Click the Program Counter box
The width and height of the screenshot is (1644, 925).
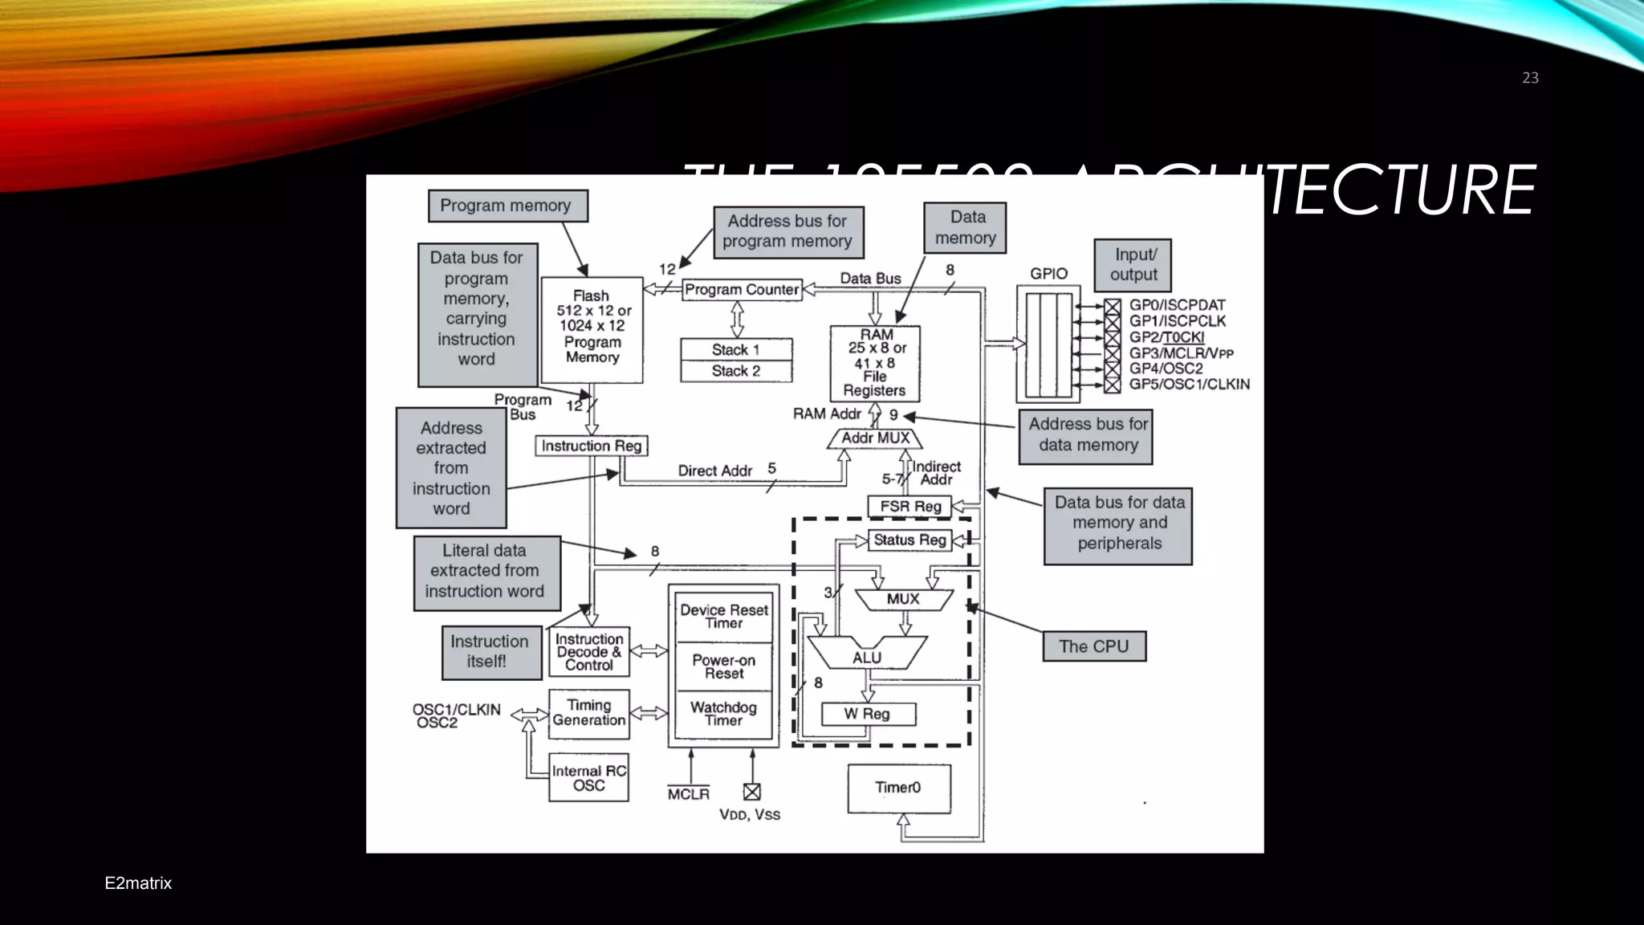(x=743, y=290)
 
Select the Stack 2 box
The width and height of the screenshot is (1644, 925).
(x=736, y=371)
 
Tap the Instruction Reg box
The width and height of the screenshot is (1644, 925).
(x=592, y=446)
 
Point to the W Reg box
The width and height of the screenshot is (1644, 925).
(x=868, y=714)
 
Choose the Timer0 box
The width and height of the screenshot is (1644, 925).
(x=899, y=788)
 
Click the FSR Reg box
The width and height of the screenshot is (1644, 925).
(x=909, y=507)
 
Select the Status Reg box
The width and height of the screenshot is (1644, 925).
(x=909, y=540)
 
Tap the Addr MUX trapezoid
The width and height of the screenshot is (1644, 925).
(x=875, y=438)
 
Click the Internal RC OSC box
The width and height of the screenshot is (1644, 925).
(x=588, y=777)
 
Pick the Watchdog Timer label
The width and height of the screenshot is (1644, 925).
(x=723, y=713)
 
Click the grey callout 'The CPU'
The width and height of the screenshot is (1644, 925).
(x=1094, y=646)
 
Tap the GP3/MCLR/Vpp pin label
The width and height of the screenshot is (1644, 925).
(x=1181, y=353)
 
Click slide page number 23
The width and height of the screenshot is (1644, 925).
(x=1530, y=78)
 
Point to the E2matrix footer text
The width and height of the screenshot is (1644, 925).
(x=138, y=883)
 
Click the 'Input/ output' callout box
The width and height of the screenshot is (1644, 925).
(x=1133, y=265)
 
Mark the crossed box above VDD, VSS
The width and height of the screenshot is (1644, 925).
(x=752, y=792)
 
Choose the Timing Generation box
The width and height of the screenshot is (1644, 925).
(x=588, y=713)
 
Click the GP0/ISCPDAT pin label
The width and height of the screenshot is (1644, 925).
(x=1177, y=305)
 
